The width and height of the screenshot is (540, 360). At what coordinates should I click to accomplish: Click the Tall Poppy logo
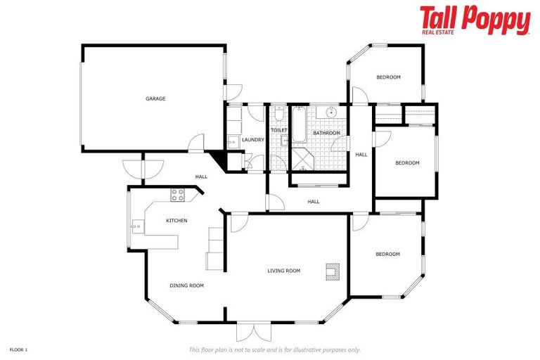(475, 20)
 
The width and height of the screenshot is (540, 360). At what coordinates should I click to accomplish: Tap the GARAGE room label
(155, 98)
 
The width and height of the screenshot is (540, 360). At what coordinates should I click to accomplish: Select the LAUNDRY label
(252, 140)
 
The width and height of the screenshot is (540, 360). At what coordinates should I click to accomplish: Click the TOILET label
(279, 130)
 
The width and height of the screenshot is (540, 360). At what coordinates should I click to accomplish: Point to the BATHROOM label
(327, 133)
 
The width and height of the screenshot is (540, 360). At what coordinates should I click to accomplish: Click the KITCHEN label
(176, 221)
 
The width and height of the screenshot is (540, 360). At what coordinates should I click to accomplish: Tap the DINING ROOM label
(186, 285)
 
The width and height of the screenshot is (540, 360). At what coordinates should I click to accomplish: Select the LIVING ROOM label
(283, 271)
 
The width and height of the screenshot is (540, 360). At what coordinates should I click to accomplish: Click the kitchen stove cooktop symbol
(177, 195)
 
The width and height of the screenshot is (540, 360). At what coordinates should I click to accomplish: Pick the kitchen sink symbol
(136, 225)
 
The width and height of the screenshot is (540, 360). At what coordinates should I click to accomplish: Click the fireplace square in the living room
(332, 271)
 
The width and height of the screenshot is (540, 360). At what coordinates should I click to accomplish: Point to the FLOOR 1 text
(18, 349)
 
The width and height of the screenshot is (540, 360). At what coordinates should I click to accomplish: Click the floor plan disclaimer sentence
(274, 349)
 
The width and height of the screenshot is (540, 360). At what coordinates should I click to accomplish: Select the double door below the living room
(252, 332)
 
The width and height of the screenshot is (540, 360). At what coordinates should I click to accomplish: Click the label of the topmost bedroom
(388, 77)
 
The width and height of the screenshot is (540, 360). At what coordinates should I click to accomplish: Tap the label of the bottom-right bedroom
(387, 254)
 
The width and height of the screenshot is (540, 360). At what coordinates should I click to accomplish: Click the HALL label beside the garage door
(201, 176)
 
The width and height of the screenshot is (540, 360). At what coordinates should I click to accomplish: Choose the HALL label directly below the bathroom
(314, 202)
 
